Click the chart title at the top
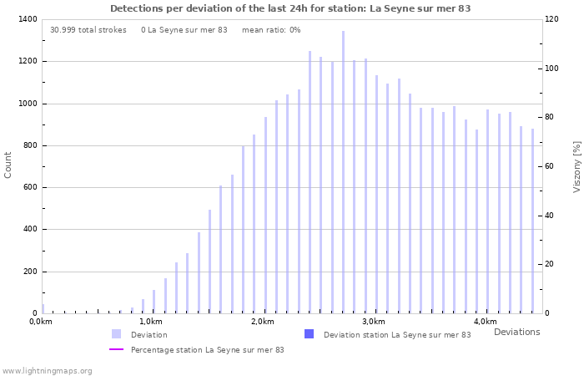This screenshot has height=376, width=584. [290, 8]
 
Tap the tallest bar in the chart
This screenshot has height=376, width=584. [343, 172]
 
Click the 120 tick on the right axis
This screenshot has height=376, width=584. [552, 19]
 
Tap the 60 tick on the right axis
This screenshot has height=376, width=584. [551, 166]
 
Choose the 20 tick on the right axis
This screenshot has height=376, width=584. [551, 264]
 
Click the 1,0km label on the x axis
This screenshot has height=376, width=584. [150, 322]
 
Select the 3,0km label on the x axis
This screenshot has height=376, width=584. [374, 322]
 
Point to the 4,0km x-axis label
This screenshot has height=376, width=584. [485, 322]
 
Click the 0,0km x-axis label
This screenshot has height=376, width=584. [40, 322]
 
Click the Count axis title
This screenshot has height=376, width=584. [8, 165]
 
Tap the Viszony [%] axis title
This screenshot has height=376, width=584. [576, 166]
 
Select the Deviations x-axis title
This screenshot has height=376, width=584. [516, 332]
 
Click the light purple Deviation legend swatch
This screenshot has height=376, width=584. [117, 334]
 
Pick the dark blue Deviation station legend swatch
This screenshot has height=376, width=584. [310, 334]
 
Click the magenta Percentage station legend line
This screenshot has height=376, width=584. [117, 349]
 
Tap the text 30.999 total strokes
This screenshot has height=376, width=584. [88, 30]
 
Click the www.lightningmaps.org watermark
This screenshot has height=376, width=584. [47, 370]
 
